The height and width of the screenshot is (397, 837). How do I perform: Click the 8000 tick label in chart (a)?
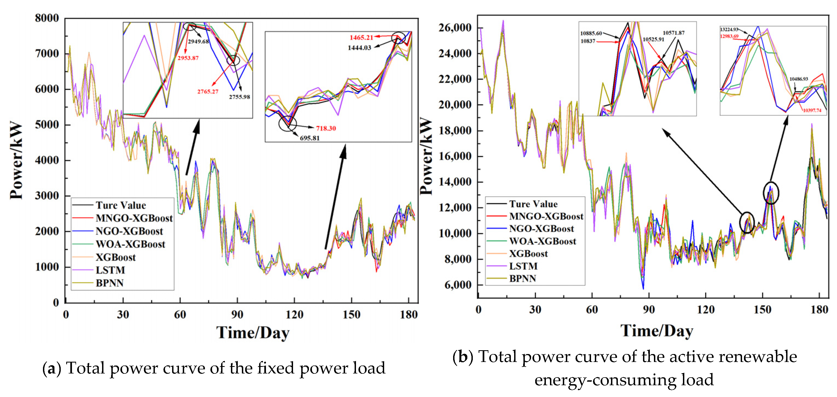pos(47,18)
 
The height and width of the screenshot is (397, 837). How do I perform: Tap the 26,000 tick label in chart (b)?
pos(454,28)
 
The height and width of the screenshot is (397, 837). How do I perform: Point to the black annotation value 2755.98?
pos(239,97)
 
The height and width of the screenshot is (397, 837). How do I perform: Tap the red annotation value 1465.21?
pos(361,38)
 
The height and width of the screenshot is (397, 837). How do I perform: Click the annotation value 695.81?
pos(310,138)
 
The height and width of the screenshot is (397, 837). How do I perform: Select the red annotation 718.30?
pos(326,128)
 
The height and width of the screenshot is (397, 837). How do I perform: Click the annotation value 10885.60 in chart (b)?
pos(591,33)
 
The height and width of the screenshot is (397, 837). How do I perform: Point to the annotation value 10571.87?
pos(674,33)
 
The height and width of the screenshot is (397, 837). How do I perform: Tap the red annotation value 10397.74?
pos(812,111)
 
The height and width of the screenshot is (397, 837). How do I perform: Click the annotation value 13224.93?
pos(729,30)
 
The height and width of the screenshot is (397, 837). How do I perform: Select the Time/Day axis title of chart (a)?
pos(253,333)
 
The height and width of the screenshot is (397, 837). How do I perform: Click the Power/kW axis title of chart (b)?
pos(426,156)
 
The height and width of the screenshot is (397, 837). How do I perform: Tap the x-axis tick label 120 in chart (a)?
pos(294,314)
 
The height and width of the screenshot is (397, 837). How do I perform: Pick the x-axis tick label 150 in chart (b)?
pos(762,310)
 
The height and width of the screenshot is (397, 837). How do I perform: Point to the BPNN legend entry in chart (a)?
pos(109,283)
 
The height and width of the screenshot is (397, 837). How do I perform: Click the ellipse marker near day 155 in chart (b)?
pos(771,193)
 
